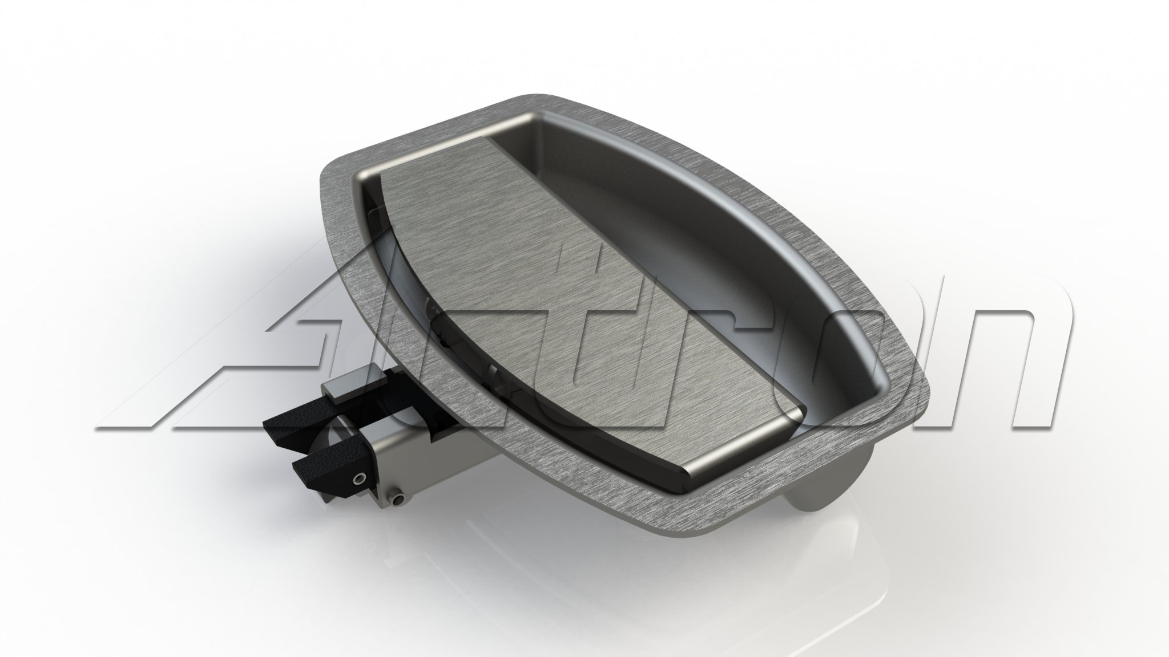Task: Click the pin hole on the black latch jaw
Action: (x=360, y=477)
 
